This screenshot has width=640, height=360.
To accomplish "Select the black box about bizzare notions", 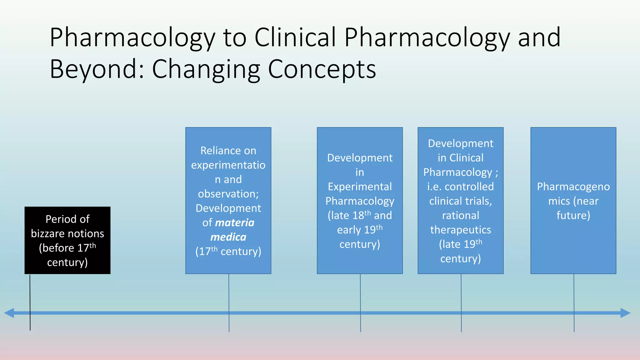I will [67, 240].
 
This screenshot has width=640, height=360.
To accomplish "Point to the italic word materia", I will [235, 222].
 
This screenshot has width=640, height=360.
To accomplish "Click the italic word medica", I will [228, 237].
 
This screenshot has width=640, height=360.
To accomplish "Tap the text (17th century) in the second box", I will [228, 251].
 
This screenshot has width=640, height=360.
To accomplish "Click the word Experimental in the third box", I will [360, 187].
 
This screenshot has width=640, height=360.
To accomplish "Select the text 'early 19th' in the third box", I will [360, 230].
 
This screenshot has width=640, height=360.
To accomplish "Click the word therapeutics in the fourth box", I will [461, 230].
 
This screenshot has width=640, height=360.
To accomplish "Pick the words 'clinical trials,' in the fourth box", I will [461, 201].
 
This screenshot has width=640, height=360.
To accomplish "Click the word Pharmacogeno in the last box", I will [573, 187].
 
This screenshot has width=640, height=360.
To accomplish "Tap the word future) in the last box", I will [573, 215].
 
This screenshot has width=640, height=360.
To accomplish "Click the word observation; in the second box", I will [228, 194].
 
